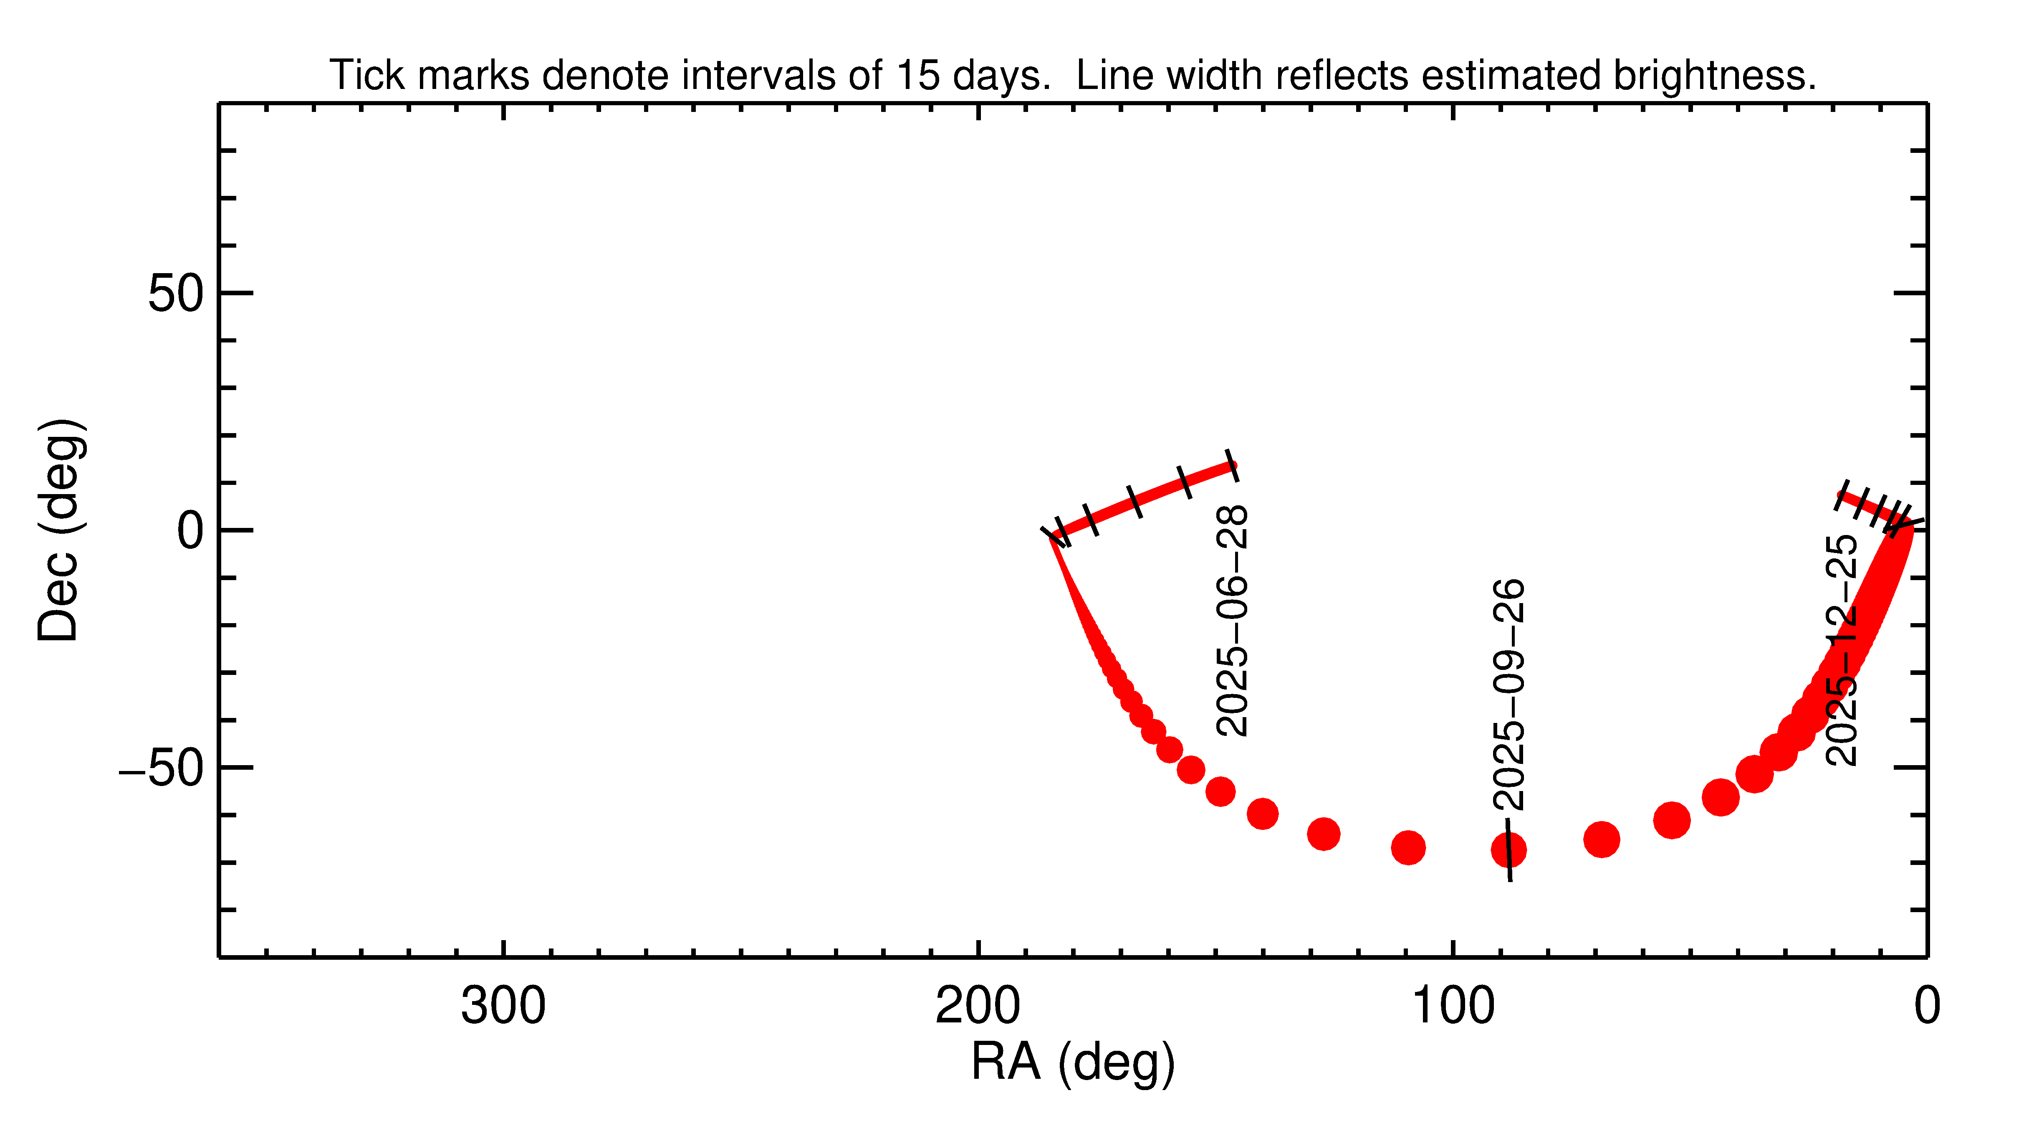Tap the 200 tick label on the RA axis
[x=978, y=1007]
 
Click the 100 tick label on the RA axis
[x=1453, y=1007]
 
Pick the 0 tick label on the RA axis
[x=1927, y=1007]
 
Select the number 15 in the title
[x=917, y=76]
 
